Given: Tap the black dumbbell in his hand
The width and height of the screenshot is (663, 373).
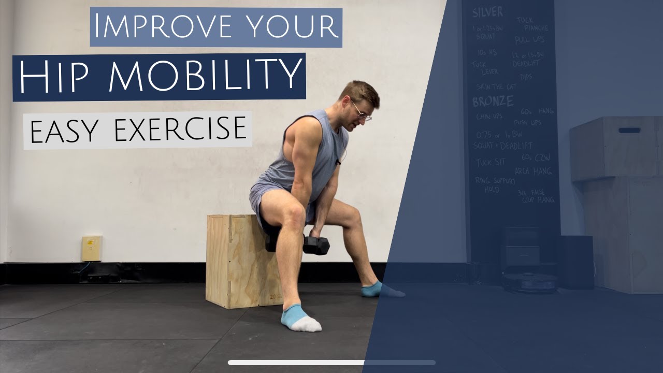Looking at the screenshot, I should (315, 245).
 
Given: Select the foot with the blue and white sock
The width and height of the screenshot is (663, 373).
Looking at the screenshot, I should (300, 318).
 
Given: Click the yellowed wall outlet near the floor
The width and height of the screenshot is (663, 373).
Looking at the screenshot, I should (91, 248).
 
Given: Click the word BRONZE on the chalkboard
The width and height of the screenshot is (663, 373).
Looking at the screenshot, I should (493, 101).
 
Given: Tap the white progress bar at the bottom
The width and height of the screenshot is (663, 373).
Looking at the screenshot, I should (331, 363).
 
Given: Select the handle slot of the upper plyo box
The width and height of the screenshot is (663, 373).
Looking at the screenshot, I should (629, 130).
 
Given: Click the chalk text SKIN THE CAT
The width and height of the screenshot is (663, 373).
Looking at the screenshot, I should (497, 87).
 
